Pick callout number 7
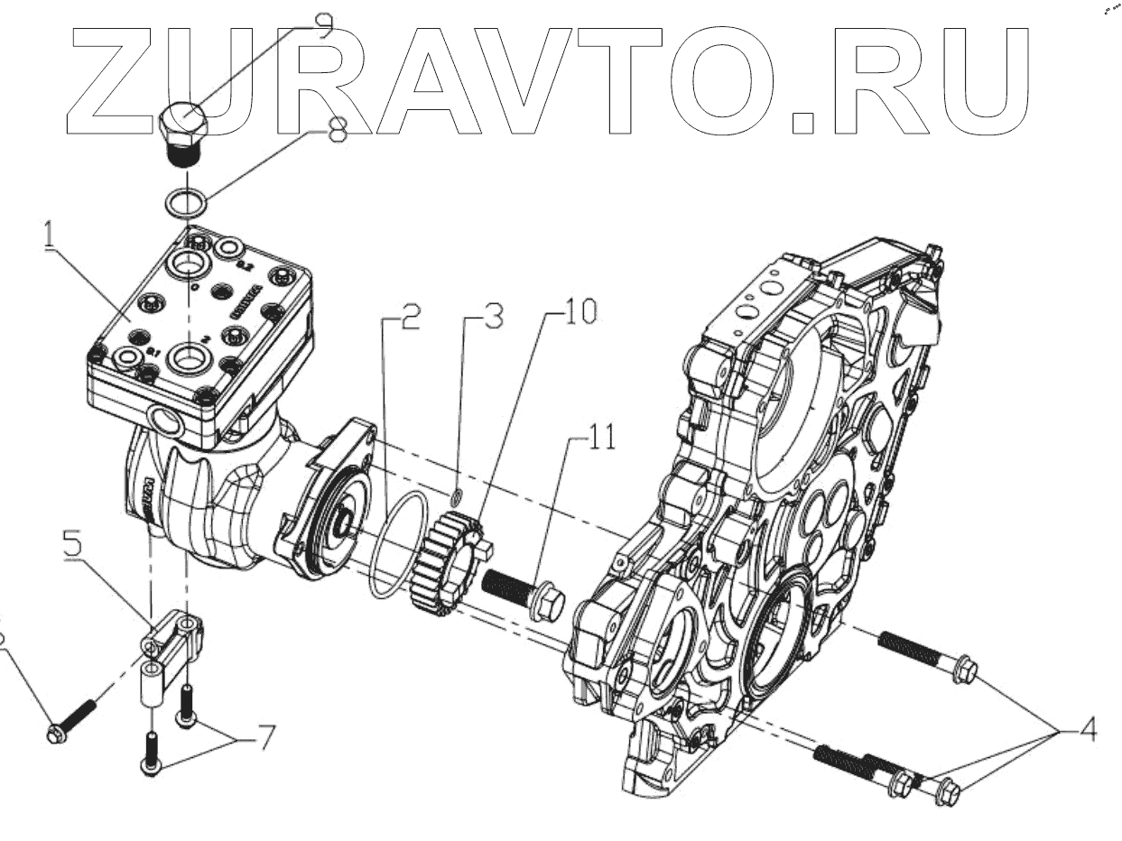click(262, 737)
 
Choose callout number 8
click(336, 132)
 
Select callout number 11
click(602, 439)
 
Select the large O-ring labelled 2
click(398, 546)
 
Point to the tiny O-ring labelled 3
click(457, 495)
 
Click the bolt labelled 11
click(524, 596)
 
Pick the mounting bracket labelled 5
click(172, 641)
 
